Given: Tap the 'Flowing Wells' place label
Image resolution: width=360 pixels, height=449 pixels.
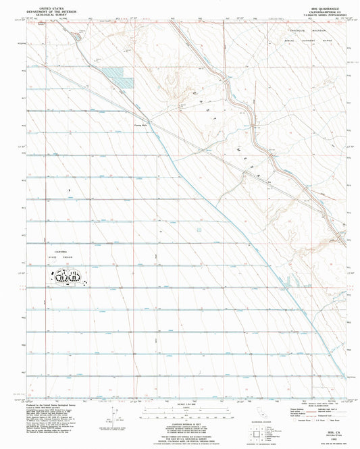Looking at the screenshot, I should click(138, 124).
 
